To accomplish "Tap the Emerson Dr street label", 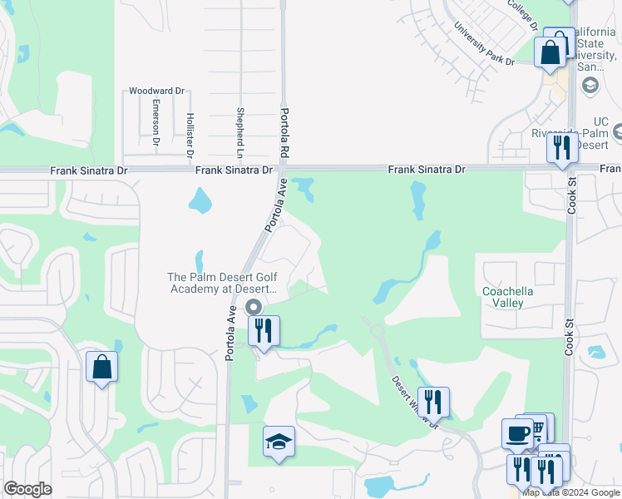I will [x=155, y=125].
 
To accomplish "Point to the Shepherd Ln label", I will [x=239, y=133].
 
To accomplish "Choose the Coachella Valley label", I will [x=507, y=297].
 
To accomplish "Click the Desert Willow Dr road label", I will [x=412, y=401].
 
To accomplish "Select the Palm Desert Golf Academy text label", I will [x=220, y=283].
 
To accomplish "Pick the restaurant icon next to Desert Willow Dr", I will [x=433, y=402].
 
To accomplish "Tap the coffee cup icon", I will [x=517, y=433].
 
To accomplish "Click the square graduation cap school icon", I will [x=279, y=442].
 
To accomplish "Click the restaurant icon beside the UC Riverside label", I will [x=562, y=148].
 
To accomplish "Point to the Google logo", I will [x=27, y=489].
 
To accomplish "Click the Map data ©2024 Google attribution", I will [x=571, y=492].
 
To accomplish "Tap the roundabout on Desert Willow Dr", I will [x=378, y=331].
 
